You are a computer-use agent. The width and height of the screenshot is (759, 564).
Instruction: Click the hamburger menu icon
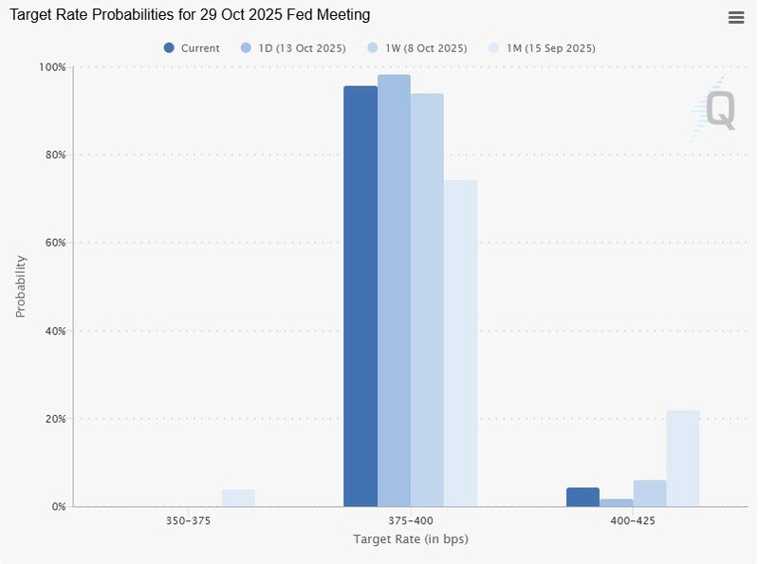click(736, 18)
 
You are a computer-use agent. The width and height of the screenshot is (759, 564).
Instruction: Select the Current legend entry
click(192, 48)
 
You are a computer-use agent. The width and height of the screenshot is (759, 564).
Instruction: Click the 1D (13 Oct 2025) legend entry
click(293, 48)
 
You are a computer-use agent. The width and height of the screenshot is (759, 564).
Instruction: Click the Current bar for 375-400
click(361, 296)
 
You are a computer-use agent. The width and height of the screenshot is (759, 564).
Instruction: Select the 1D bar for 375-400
click(394, 290)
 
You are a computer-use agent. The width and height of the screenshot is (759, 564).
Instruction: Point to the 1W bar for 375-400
click(427, 300)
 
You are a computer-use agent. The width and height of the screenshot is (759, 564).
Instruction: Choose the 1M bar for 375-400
click(460, 343)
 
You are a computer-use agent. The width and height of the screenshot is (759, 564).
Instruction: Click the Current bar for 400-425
click(583, 497)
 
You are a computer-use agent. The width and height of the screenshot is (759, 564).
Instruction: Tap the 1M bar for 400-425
click(682, 458)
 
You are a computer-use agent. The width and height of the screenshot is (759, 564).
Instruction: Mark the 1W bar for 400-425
click(649, 493)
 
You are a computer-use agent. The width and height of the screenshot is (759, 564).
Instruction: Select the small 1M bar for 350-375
click(238, 498)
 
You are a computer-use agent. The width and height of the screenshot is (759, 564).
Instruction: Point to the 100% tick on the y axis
click(52, 67)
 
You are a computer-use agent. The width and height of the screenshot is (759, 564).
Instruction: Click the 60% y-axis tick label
click(54, 243)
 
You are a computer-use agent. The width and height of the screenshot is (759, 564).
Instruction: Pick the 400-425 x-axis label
click(633, 521)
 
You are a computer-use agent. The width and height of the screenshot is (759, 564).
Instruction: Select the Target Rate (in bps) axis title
click(411, 540)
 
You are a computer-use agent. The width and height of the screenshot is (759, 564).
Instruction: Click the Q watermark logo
click(718, 111)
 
